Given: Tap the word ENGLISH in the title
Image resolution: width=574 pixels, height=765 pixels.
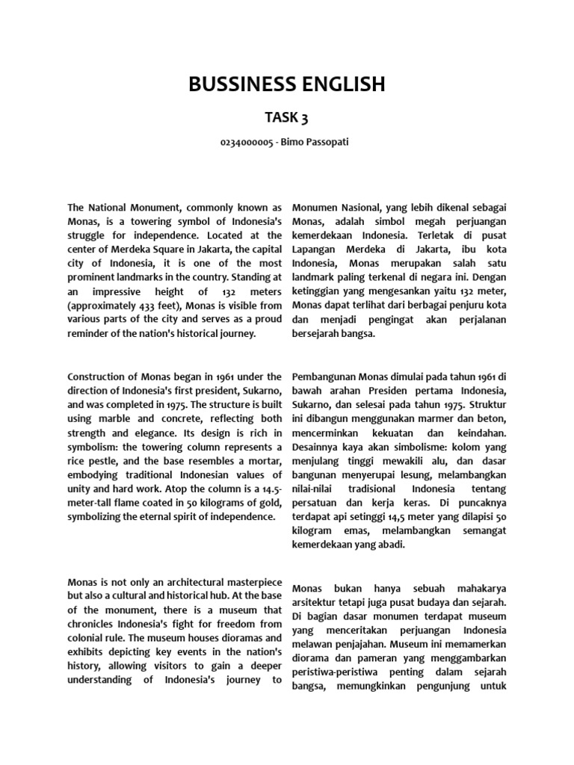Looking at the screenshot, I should pos(342,84).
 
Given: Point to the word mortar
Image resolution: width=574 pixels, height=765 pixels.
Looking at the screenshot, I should pos(262,462).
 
